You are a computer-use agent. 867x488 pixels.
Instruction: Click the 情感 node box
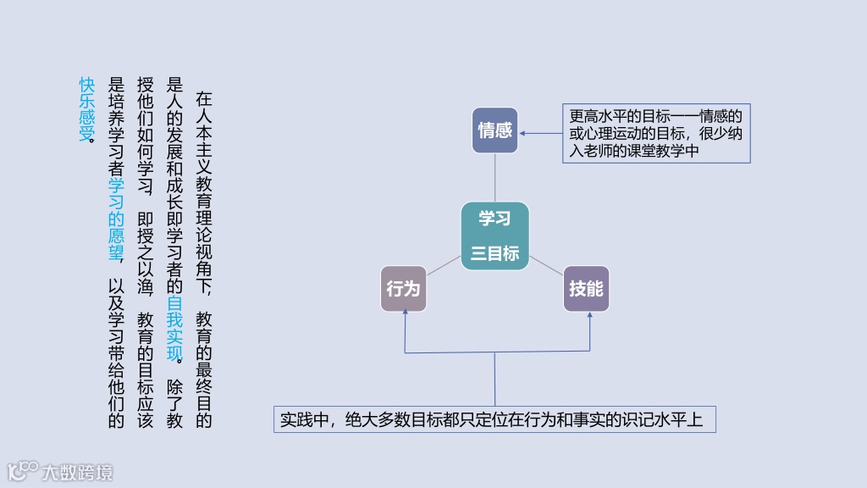pos(495,130)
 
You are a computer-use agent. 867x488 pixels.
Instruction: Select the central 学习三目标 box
pos(495,236)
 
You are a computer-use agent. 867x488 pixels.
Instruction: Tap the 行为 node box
pos(403,289)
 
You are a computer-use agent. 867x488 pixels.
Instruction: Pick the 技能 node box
pos(586,289)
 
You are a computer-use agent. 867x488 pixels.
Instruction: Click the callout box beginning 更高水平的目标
pos(656,134)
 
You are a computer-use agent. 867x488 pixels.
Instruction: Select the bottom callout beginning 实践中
pos(494,419)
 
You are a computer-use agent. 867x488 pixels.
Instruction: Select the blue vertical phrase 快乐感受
pos(86,108)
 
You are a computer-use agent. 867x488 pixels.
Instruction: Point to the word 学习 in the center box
pos(495,219)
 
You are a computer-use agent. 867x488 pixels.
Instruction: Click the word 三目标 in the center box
pos(495,253)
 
